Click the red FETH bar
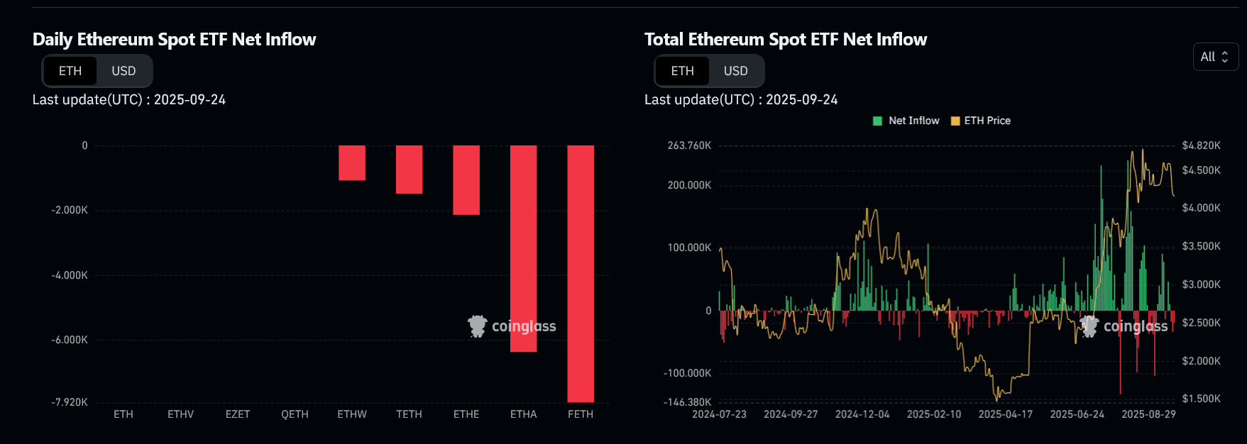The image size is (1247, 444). (x=581, y=273)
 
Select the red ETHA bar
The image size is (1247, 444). (x=523, y=248)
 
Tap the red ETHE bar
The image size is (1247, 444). (x=466, y=179)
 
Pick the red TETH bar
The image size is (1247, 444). (x=409, y=169)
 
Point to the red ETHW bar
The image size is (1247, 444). (x=352, y=162)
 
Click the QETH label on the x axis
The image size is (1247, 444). (x=295, y=414)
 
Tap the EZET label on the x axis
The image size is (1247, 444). (x=238, y=414)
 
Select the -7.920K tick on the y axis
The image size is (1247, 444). (x=70, y=402)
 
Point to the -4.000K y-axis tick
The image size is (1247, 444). (x=70, y=275)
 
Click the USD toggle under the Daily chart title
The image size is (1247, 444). (x=123, y=71)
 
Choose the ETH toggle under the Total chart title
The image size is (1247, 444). (x=682, y=71)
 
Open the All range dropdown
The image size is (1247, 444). (x=1215, y=57)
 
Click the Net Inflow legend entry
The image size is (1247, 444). (x=906, y=121)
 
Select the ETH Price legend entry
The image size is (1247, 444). (x=981, y=121)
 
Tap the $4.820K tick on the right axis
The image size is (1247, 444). (x=1201, y=145)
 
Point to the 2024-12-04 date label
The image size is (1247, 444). (x=862, y=414)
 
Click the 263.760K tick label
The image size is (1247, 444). (x=689, y=145)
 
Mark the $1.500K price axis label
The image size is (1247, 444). (x=1201, y=399)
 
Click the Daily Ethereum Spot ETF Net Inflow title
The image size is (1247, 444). (x=175, y=40)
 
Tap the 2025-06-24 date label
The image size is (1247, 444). (x=1077, y=414)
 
